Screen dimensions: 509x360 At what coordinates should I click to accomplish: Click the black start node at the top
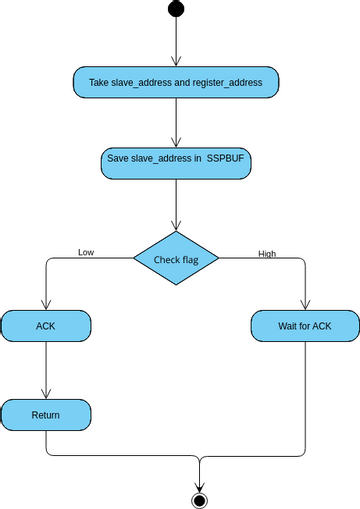pyautogui.click(x=176, y=9)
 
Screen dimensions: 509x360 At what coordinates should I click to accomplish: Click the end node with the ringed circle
pyautogui.click(x=199, y=499)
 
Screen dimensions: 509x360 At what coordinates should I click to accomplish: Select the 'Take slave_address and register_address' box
pyautogui.click(x=175, y=83)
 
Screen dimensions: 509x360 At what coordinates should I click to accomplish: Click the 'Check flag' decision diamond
pyautogui.click(x=176, y=260)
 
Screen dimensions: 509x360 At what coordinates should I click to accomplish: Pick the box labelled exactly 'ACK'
pyautogui.click(x=46, y=326)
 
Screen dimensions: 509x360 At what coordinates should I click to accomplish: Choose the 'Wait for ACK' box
pyautogui.click(x=305, y=326)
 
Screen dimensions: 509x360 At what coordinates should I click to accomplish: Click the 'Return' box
pyautogui.click(x=46, y=414)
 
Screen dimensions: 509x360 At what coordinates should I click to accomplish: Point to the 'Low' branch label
pyautogui.click(x=86, y=252)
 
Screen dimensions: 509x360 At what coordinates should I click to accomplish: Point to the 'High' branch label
pyautogui.click(x=267, y=253)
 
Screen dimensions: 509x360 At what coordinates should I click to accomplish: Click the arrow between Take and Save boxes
pyautogui.click(x=176, y=122)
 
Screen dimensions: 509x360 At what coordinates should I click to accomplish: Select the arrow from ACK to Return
pyautogui.click(x=46, y=370)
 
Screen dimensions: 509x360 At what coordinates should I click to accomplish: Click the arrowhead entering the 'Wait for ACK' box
pyautogui.click(x=305, y=305)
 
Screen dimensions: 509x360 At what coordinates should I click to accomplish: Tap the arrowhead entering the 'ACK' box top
pyautogui.click(x=46, y=305)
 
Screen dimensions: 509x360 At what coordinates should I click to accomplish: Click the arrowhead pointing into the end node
pyautogui.click(x=199, y=484)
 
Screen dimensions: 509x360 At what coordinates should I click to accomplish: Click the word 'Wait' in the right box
pyautogui.click(x=288, y=326)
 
